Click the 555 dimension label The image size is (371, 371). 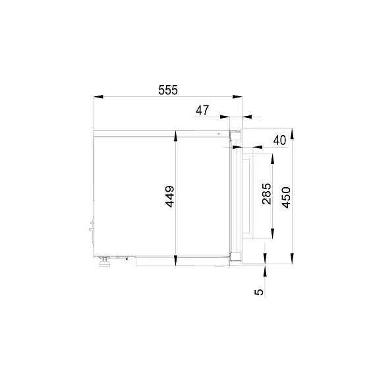(x=168, y=90)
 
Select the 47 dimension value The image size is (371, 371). (x=202, y=111)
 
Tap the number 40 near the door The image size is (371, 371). (x=279, y=140)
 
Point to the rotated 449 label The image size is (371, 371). (x=170, y=196)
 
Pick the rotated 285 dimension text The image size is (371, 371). (x=267, y=194)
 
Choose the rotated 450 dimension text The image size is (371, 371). (x=286, y=198)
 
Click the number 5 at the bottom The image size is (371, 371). (x=259, y=292)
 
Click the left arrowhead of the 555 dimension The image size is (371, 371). (x=98, y=96)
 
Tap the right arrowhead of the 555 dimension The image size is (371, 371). (x=237, y=96)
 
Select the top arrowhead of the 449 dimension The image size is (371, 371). (x=175, y=137)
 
